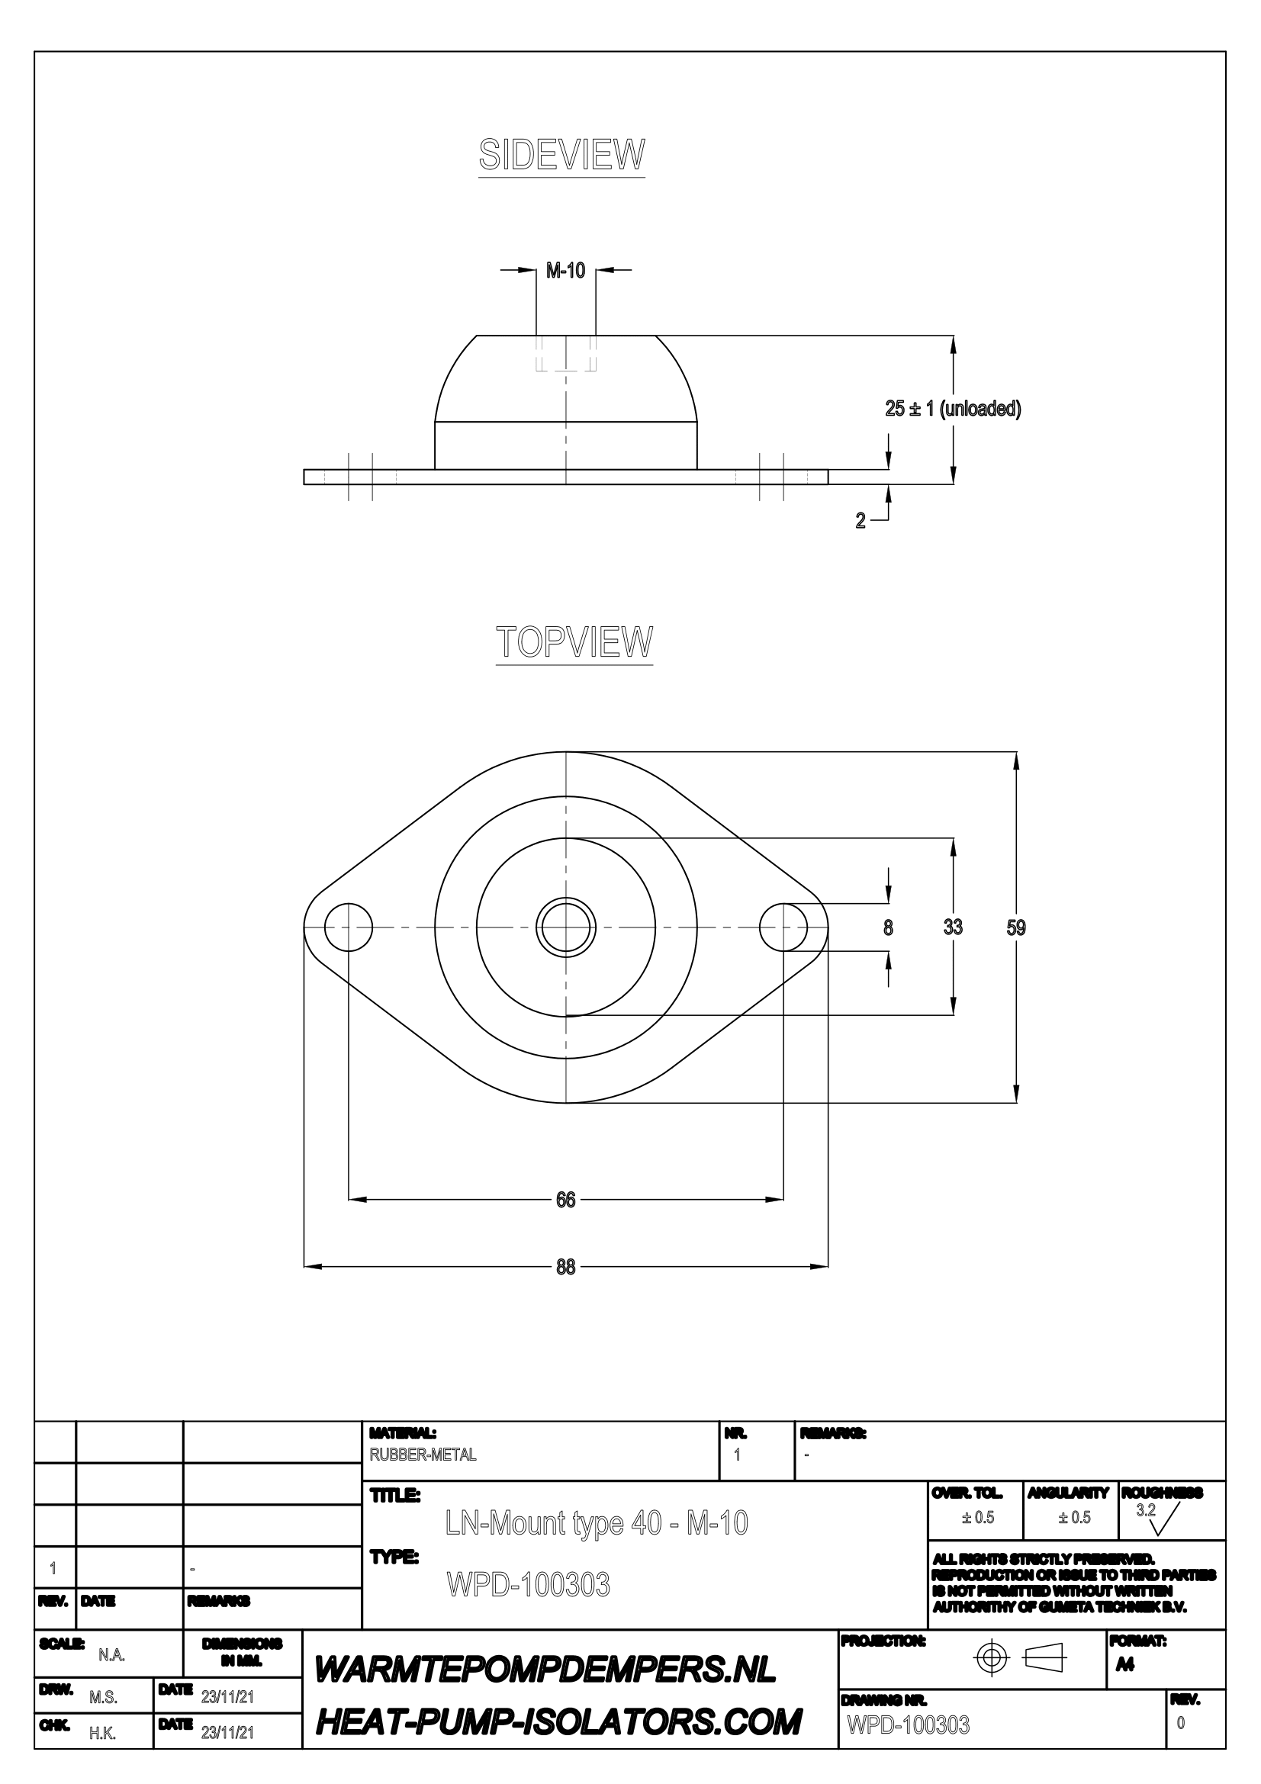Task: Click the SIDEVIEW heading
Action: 561,155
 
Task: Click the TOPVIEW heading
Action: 574,641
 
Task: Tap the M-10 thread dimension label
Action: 565,271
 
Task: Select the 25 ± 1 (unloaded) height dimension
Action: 953,408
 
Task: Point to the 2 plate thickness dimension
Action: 860,522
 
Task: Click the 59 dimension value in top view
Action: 1016,927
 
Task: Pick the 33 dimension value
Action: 953,927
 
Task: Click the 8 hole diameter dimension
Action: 888,927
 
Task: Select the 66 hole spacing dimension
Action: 565,1200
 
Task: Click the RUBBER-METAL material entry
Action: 423,1455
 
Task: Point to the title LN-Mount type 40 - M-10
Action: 597,1523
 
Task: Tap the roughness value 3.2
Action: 1146,1510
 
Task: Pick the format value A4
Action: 1124,1666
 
